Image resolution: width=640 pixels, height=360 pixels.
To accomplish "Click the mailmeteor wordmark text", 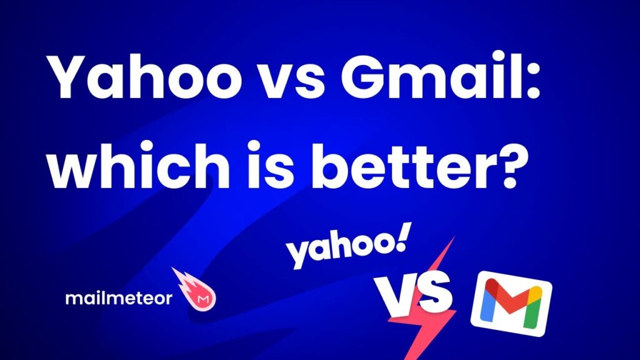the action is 119,298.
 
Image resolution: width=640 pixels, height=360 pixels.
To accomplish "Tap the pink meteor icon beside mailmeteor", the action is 195,289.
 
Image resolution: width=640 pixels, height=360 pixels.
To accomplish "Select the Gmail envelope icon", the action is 511,303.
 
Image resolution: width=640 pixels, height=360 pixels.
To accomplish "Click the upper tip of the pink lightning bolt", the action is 454,237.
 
